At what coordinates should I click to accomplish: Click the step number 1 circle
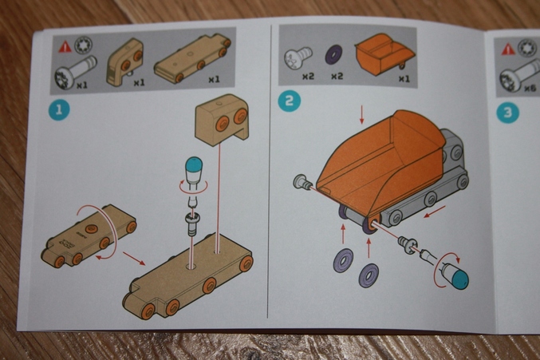click(x=59, y=110)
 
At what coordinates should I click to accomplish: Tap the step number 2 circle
click(x=289, y=101)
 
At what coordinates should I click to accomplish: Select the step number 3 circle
click(x=507, y=113)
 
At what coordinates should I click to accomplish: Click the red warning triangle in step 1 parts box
click(x=65, y=47)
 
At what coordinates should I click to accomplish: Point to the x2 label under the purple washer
click(x=337, y=76)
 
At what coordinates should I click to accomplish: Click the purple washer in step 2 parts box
click(x=334, y=54)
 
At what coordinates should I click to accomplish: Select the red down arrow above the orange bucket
click(x=361, y=115)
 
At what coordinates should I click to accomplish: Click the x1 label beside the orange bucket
click(x=404, y=78)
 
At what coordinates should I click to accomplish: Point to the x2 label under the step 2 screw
click(x=308, y=76)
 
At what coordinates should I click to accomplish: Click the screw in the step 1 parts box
click(x=75, y=72)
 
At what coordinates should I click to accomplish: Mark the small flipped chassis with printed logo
click(x=89, y=235)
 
